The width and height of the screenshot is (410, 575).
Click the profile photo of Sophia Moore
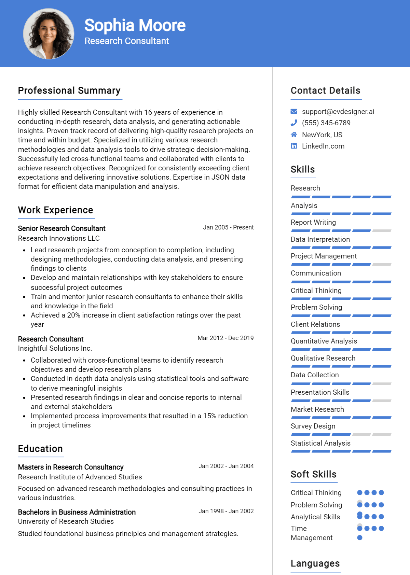49,34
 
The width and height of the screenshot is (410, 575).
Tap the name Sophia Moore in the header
135,25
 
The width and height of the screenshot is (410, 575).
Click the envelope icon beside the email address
294,111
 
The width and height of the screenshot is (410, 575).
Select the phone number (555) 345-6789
326,123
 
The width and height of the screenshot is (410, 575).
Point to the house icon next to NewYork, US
294,135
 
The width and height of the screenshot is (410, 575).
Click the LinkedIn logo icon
294,146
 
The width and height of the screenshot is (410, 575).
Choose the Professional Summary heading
69,90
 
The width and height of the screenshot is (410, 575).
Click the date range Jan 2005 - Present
228,227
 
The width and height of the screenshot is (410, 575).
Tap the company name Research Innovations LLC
59,238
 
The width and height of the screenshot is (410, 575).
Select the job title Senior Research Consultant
61,228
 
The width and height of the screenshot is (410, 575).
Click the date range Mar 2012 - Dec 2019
225,338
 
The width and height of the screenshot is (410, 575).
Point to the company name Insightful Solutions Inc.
55,348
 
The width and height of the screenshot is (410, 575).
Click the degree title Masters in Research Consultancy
71,467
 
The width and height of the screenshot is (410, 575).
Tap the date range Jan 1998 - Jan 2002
226,511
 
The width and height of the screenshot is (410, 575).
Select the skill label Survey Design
313,426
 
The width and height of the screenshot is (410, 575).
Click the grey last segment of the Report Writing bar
382,231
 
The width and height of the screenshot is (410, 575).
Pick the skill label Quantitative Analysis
324,341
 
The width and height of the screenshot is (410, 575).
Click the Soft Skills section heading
314,474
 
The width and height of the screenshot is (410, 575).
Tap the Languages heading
315,563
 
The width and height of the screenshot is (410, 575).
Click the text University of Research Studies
66,521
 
